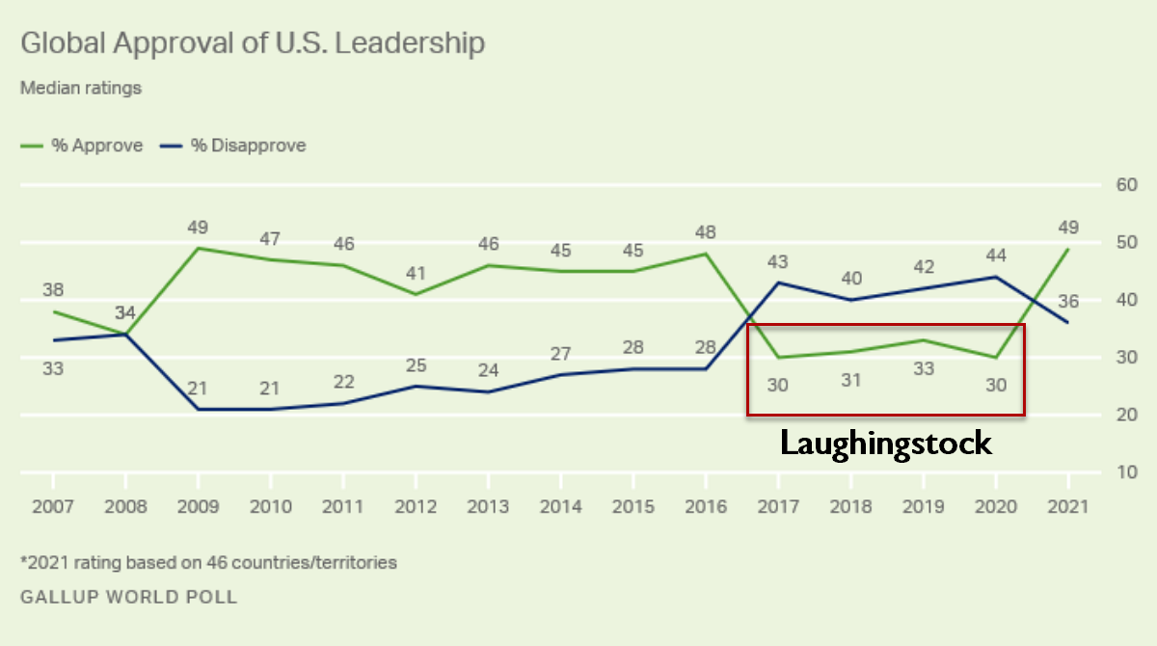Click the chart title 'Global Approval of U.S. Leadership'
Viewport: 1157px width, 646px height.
pyautogui.click(x=253, y=43)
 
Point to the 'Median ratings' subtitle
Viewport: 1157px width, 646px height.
pyautogui.click(x=81, y=88)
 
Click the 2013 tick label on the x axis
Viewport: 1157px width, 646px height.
pyautogui.click(x=487, y=506)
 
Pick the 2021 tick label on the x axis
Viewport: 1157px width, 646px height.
pyautogui.click(x=1067, y=506)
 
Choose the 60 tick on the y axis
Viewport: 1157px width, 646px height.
pyautogui.click(x=1126, y=184)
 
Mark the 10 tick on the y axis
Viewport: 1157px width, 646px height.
pyautogui.click(x=1126, y=472)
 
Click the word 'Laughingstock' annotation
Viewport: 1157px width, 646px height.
pyautogui.click(x=885, y=444)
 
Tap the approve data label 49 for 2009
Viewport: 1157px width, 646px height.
pyautogui.click(x=198, y=228)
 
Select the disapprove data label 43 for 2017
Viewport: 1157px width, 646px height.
pyautogui.click(x=778, y=261)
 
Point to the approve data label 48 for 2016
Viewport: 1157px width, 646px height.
pyautogui.click(x=706, y=232)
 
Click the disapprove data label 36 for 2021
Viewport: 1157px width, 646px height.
pyautogui.click(x=1067, y=302)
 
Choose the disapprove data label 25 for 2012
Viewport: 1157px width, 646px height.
pyautogui.click(x=415, y=365)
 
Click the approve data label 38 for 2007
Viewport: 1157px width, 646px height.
pyautogui.click(x=53, y=290)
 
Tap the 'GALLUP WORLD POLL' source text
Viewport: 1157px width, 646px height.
pyautogui.click(x=128, y=597)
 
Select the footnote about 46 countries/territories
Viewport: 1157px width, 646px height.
pyautogui.click(x=208, y=562)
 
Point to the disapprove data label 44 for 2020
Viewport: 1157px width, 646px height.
pyautogui.click(x=995, y=256)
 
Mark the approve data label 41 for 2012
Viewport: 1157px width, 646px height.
pyautogui.click(x=415, y=273)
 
